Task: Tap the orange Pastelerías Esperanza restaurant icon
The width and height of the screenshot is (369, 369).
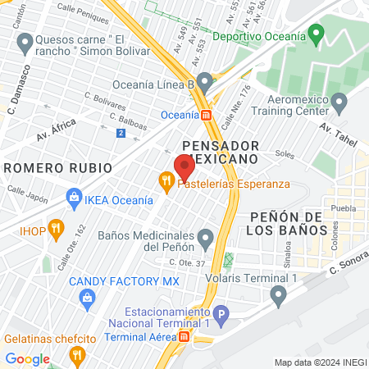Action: click(166, 183)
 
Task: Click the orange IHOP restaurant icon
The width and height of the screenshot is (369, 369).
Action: click(56, 227)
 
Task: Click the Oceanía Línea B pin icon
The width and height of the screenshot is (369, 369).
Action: click(205, 83)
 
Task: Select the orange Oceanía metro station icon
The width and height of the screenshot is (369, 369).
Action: click(207, 115)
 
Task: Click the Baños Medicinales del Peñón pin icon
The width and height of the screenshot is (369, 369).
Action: click(206, 239)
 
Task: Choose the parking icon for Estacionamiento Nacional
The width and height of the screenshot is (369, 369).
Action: click(219, 315)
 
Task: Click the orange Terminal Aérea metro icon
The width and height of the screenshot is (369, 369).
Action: click(185, 337)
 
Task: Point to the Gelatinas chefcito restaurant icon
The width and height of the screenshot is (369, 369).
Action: click(78, 354)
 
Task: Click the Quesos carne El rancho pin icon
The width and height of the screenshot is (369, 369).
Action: click(25, 41)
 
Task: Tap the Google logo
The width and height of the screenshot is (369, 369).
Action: click(27, 358)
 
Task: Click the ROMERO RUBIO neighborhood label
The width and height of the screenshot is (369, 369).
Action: click(57, 167)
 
